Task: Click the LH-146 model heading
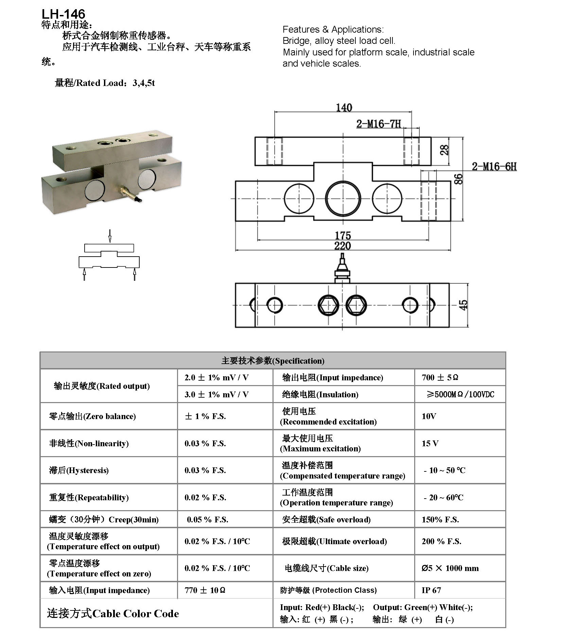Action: (63, 14)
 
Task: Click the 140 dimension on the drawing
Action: (344, 108)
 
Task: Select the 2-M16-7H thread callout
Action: (379, 124)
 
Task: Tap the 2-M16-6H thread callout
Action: (494, 167)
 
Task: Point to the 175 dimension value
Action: (343, 235)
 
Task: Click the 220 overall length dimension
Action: (343, 246)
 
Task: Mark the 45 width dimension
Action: (463, 305)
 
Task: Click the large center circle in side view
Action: (343, 198)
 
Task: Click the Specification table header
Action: (273, 361)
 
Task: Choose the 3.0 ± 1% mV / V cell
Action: (216, 394)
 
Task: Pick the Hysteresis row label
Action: (79, 470)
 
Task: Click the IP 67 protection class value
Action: (431, 590)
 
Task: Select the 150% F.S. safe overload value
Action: (440, 519)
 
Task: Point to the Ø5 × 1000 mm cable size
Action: (450, 568)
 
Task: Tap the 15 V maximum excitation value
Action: (430, 443)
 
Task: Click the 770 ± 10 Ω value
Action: (205, 590)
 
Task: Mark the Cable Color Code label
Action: (113, 613)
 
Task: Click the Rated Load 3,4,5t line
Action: (105, 83)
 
